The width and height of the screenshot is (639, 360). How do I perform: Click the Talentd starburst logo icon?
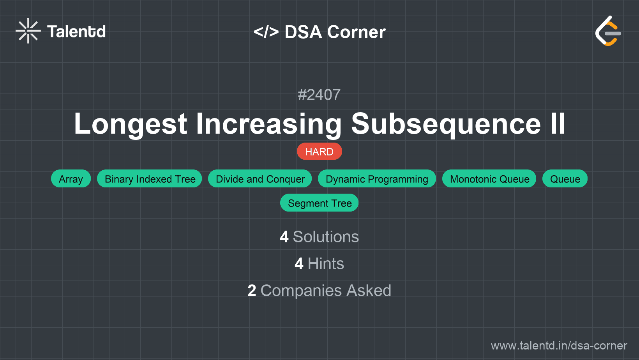28,31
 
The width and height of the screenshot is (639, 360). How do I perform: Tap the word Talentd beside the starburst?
76,32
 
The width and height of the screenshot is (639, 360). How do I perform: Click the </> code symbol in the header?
266,32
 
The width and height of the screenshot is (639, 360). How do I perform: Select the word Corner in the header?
356,32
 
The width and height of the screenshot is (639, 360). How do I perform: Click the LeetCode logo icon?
608,31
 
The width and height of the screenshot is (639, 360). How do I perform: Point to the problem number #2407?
319,95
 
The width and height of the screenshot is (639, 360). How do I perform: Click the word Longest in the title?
131,124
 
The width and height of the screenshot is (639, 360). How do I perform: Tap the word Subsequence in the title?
446,124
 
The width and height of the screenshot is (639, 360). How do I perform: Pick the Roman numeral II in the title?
558,123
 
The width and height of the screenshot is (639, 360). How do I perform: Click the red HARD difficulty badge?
319,151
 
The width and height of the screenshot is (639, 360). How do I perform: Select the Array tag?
71,178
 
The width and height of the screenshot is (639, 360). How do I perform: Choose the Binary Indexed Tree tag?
150,178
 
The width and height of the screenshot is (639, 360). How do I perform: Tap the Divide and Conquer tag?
260,178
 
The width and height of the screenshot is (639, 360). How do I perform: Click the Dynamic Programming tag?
377,178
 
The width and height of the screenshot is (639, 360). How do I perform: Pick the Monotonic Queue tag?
489,178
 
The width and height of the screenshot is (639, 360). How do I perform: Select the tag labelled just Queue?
565,178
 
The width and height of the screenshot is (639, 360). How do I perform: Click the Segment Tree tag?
319,203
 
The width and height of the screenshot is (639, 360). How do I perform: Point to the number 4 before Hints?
299,264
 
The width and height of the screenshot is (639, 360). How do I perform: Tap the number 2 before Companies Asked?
252,290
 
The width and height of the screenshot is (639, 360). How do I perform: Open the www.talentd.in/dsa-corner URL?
559,346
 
